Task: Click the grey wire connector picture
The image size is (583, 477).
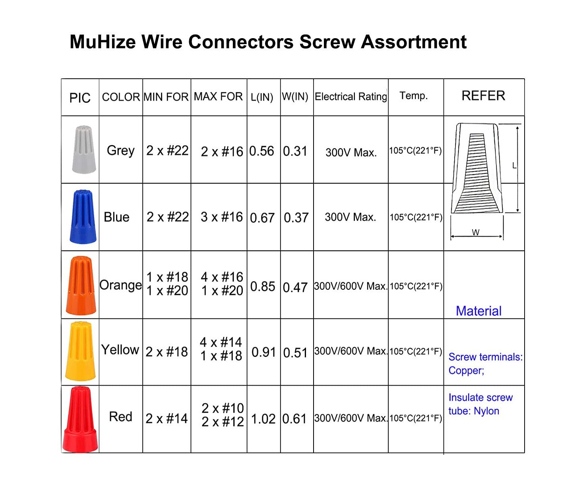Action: pyautogui.click(x=84, y=149)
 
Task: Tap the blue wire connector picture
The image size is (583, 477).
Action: pyautogui.click(x=83, y=217)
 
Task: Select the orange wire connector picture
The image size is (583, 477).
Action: pyautogui.click(x=81, y=285)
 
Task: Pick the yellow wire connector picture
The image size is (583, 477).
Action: pyautogui.click(x=80, y=351)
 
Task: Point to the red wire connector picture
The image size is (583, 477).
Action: pyautogui.click(x=80, y=419)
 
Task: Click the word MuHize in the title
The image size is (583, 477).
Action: pyautogui.click(x=103, y=42)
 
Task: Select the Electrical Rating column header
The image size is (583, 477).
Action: pyautogui.click(x=351, y=97)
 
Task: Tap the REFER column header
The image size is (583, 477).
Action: pyautogui.click(x=483, y=96)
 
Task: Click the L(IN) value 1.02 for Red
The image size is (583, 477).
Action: pyautogui.click(x=263, y=419)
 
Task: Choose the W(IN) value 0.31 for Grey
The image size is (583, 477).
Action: pyautogui.click(x=295, y=151)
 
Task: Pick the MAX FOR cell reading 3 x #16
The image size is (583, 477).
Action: pyautogui.click(x=222, y=217)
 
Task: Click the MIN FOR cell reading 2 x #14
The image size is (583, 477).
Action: pyautogui.click(x=167, y=419)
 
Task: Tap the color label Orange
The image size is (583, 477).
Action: pyautogui.click(x=120, y=285)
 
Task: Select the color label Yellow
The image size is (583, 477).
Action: pyautogui.click(x=120, y=349)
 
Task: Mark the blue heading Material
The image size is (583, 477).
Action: pyautogui.click(x=478, y=311)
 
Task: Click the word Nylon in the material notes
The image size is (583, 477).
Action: pyautogui.click(x=486, y=411)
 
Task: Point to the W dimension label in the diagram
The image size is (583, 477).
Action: pyautogui.click(x=475, y=232)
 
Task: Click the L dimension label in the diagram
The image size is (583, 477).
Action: pyautogui.click(x=514, y=166)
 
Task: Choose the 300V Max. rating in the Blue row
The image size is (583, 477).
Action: pyautogui.click(x=350, y=217)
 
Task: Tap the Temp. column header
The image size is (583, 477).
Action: pyautogui.click(x=414, y=96)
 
